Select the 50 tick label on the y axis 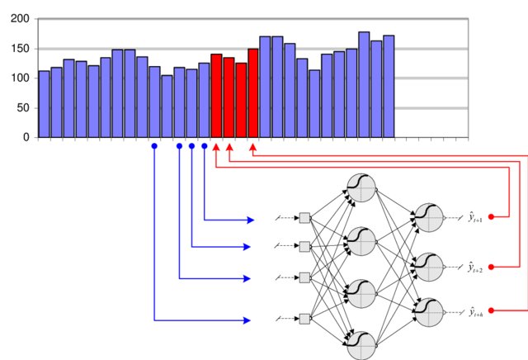pos(20,108)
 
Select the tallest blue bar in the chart pos(364,84)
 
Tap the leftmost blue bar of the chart pos(44,104)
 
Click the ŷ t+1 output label pos(476,216)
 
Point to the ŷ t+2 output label pos(476,268)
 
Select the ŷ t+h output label pos(476,311)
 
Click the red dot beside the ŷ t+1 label pos(492,217)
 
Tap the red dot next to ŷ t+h pos(492,310)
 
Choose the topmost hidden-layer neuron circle pos(361,188)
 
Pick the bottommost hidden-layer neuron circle pos(361,344)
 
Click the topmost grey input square pos(304,218)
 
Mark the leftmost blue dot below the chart pos(154,146)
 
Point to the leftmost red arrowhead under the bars pos(216,148)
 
